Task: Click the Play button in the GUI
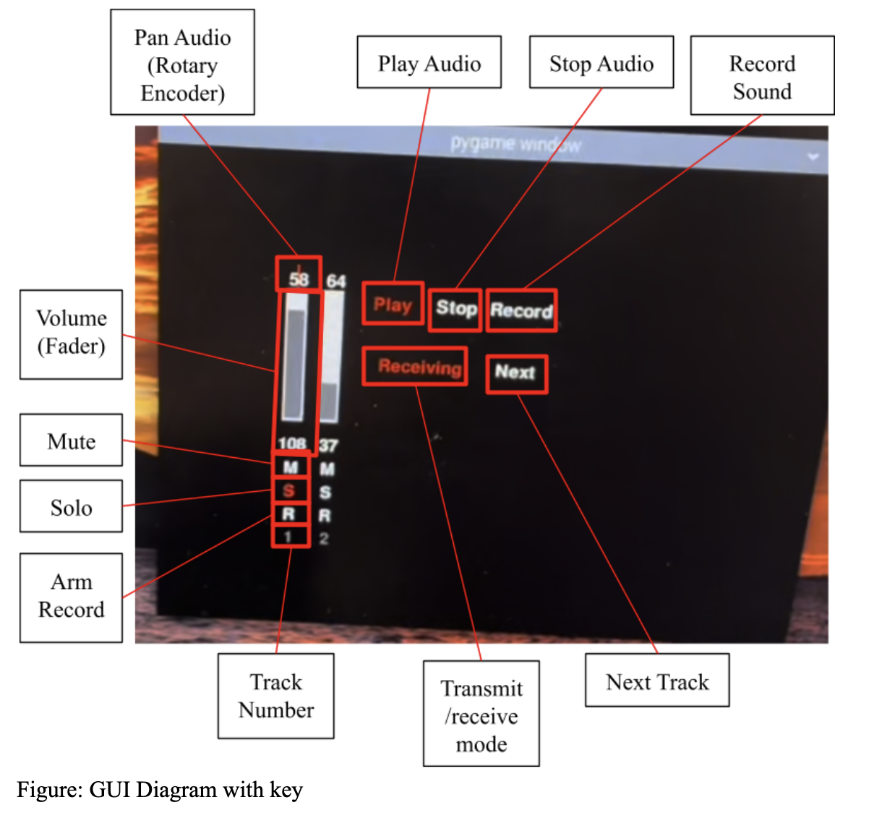click(393, 305)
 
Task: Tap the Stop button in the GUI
click(455, 309)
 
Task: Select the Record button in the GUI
click(521, 311)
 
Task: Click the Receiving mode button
click(419, 367)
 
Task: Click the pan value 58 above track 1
click(299, 279)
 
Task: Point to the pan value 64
click(335, 281)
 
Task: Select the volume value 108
click(292, 443)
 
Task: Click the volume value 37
click(328, 446)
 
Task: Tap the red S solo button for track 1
click(289, 490)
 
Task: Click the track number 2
click(324, 539)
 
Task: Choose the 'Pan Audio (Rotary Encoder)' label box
click(182, 63)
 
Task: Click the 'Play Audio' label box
click(429, 63)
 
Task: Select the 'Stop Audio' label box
click(601, 63)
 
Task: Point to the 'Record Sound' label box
click(762, 76)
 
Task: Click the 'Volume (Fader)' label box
click(71, 333)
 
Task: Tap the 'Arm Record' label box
click(71, 597)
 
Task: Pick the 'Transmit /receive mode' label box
click(481, 714)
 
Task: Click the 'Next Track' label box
click(656, 681)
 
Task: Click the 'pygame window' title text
click(515, 144)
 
